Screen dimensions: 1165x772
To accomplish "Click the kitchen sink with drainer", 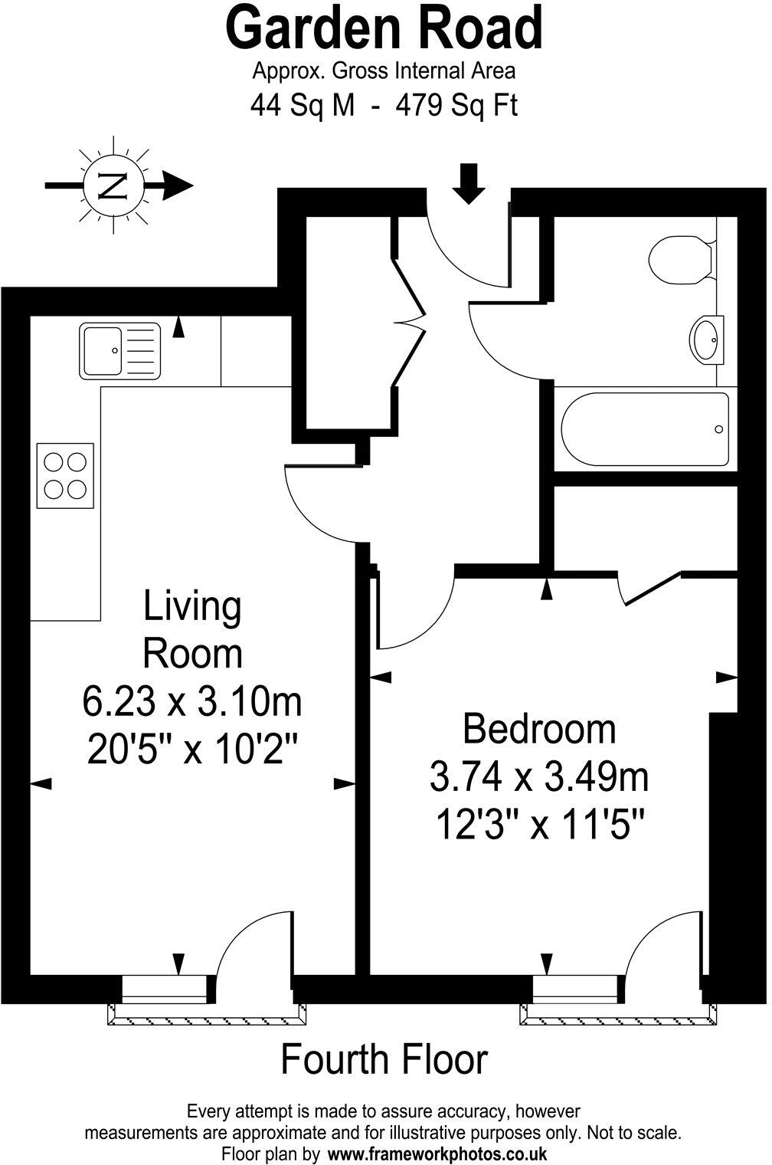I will (119, 351).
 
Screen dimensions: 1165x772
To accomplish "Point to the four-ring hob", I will (65, 475).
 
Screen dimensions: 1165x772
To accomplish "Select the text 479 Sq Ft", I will (456, 105).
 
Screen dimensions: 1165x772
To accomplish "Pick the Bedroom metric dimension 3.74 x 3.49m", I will (539, 778).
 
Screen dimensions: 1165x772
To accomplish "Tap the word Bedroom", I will (539, 728).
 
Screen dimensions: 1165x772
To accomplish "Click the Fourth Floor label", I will (384, 1060).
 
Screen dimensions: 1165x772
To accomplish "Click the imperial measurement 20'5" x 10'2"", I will (191, 750).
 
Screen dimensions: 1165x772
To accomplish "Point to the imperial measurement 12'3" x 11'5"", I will (539, 826).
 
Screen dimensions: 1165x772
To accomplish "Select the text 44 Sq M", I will (303, 105).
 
